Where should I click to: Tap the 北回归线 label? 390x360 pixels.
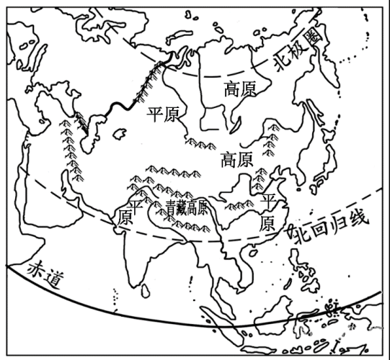click(329, 228)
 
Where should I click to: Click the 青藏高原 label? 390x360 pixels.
click(187, 208)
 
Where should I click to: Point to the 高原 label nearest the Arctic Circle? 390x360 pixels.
click(240, 89)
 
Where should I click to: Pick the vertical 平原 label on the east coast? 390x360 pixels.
click(267, 210)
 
